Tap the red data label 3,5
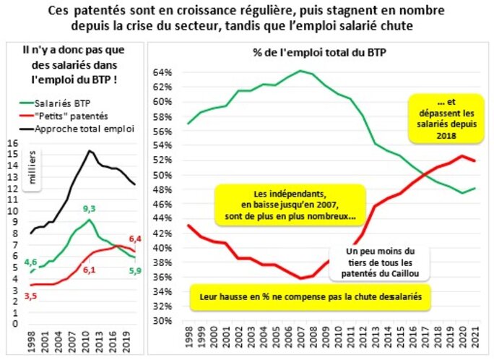click(x=32, y=296)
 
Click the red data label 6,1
click(x=89, y=270)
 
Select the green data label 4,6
click(x=30, y=262)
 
